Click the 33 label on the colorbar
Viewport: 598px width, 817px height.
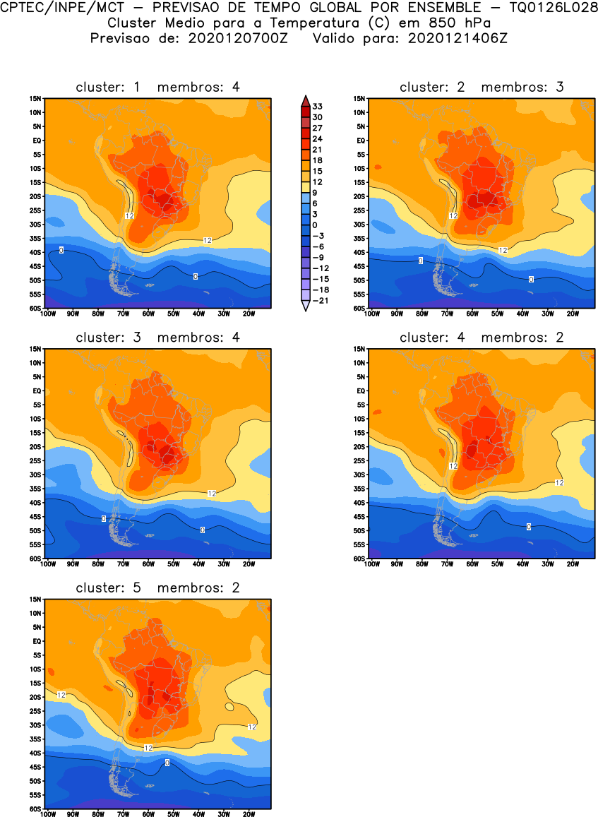tap(317, 106)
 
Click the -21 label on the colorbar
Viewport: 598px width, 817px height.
tap(319, 301)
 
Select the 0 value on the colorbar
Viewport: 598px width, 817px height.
tap(315, 225)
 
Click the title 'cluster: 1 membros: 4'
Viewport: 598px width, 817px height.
tap(157, 87)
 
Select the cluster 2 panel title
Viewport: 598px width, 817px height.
tap(482, 87)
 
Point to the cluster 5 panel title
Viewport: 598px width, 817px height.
tap(157, 588)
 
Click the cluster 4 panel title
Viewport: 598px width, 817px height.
tap(482, 338)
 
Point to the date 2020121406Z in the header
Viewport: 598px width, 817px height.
tap(459, 38)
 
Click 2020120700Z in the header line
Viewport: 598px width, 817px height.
tap(238, 38)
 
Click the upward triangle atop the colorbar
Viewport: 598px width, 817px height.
tap(304, 100)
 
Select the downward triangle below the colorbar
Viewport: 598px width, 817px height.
tap(304, 306)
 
